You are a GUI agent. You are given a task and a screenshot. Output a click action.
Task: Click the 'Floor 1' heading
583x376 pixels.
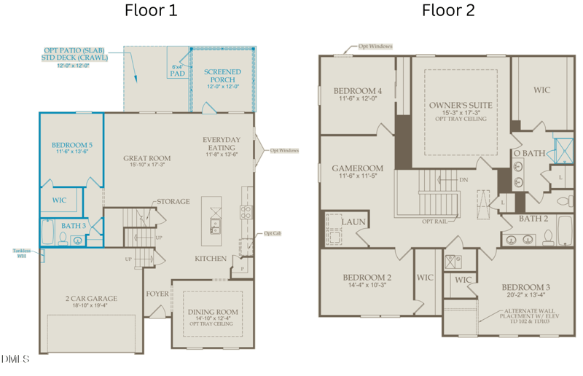pos(151,10)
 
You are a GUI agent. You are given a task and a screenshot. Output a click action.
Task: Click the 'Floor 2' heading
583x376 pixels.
pos(448,10)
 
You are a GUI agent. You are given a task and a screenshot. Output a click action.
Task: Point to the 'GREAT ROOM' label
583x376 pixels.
pos(146,158)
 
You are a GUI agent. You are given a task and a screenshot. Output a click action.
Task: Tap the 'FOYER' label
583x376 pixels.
pos(157,294)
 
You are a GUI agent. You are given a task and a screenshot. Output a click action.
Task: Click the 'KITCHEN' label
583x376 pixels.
pos(211,259)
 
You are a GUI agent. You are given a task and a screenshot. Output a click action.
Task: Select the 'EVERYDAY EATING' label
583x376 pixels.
pos(222,144)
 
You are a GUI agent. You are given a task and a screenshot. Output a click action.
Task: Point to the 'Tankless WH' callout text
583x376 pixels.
pos(21,254)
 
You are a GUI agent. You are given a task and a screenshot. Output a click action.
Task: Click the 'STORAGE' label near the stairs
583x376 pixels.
pos(173,201)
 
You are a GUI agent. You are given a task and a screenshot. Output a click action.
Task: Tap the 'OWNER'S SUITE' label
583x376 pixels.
pos(461,105)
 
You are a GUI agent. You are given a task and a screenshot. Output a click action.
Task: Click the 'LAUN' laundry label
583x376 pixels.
pos(353,222)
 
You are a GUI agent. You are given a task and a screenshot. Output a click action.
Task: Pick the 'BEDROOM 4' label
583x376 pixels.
pos(357,91)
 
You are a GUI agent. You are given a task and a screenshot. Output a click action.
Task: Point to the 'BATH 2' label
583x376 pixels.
pos(533,218)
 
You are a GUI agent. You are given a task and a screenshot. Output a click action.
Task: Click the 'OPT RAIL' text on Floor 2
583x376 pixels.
pos(434,221)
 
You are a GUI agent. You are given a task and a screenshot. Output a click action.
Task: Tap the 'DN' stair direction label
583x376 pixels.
pos(463,179)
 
